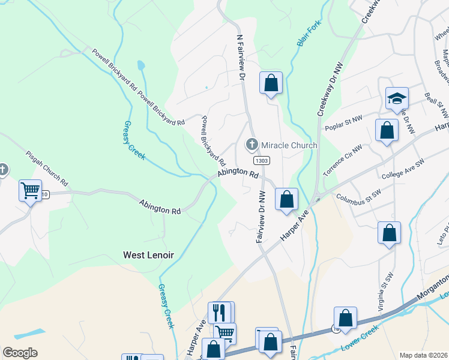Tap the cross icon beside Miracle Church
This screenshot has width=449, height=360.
click(x=252, y=145)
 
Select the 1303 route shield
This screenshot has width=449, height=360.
click(x=261, y=161)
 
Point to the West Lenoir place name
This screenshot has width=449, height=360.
click(x=148, y=255)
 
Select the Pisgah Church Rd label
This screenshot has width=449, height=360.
click(x=47, y=168)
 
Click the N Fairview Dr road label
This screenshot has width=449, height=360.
click(x=241, y=57)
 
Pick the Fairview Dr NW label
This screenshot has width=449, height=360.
click(x=261, y=217)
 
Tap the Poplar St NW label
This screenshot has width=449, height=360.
click(x=343, y=123)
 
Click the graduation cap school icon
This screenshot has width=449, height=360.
click(x=397, y=98)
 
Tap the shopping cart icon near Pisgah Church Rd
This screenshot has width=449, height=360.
click(x=30, y=191)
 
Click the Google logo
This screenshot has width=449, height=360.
click(x=20, y=353)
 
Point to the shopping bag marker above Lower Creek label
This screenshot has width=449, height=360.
click(x=346, y=317)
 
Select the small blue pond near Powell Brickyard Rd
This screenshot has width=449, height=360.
click(x=140, y=65)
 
